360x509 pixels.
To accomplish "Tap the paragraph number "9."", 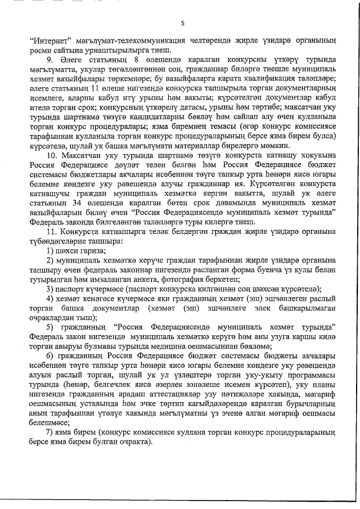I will pos(50,60).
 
